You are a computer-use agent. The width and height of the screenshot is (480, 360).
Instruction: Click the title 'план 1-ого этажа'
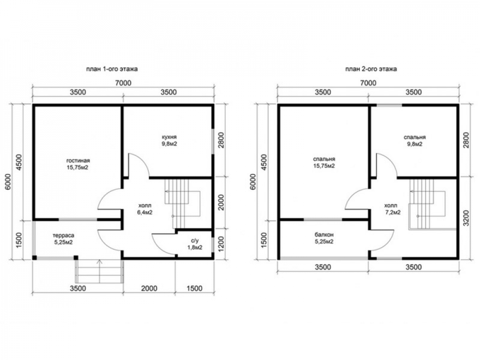[112, 69]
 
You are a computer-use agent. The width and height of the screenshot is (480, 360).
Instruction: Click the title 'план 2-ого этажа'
[371, 69]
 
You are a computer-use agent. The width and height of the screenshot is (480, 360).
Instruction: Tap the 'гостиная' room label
[78, 160]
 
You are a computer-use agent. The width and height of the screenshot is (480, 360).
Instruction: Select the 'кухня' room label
[169, 137]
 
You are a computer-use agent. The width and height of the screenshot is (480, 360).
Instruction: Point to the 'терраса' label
[63, 235]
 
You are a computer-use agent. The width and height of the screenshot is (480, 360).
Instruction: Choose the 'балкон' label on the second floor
[324, 235]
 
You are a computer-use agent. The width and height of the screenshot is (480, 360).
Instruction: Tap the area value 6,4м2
[145, 212]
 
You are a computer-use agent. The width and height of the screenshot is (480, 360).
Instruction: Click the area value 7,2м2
[393, 212]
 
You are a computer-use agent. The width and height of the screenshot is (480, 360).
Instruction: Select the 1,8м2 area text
[195, 248]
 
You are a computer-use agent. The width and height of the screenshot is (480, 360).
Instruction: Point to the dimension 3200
[466, 217]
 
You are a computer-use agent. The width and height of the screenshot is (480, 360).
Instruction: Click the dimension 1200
[221, 244]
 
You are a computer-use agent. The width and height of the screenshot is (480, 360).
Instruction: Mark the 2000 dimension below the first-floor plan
[149, 288]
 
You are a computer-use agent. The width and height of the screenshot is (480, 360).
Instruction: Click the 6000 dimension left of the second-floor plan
[253, 182]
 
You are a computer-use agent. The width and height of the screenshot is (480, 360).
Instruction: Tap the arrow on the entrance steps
[99, 271]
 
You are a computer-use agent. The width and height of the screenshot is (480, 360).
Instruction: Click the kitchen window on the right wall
[213, 141]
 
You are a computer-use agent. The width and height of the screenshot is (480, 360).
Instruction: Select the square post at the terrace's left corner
[35, 258]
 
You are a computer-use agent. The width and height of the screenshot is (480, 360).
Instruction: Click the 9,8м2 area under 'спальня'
[415, 144]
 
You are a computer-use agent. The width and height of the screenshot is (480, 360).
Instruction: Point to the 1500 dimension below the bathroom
[194, 288]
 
